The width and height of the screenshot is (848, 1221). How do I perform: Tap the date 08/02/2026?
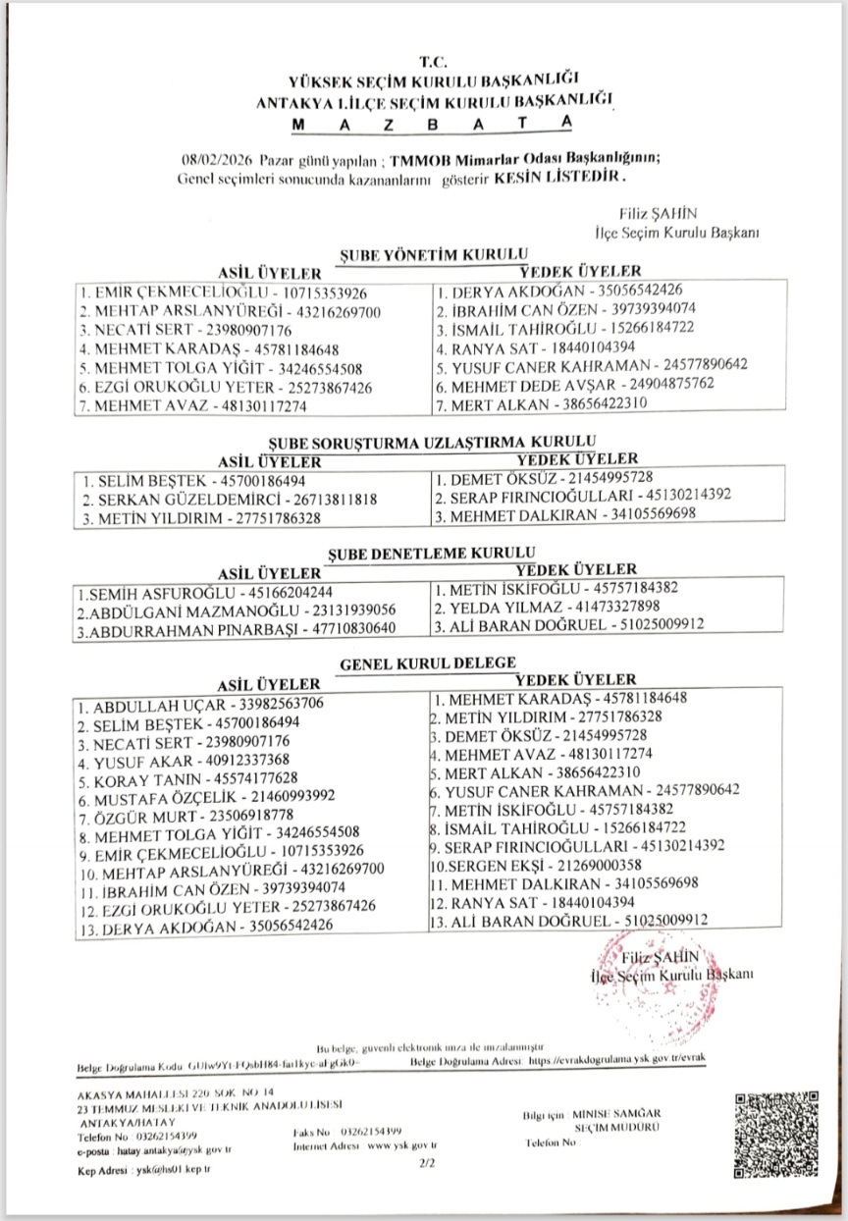tap(217, 161)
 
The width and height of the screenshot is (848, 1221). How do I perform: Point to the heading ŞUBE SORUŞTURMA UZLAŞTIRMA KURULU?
tap(436, 443)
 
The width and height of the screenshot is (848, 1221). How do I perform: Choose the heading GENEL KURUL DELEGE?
tap(428, 664)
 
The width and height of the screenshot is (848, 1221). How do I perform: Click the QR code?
tap(776, 1126)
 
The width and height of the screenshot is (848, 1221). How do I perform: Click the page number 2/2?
tap(426, 1163)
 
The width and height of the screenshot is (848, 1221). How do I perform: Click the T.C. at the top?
tap(432, 62)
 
